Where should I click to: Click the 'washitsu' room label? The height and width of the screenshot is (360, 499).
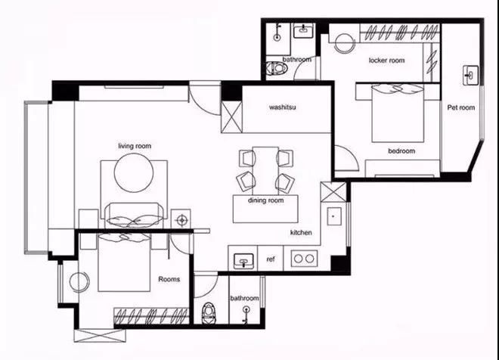click(x=282, y=107)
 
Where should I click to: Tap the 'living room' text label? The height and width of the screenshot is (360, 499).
click(x=135, y=146)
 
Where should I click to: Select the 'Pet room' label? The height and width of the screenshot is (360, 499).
click(x=460, y=107)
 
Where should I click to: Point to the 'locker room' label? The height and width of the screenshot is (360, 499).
click(x=386, y=61)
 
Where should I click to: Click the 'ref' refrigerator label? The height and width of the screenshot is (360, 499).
click(x=271, y=259)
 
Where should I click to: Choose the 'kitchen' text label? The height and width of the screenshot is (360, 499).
click(x=301, y=233)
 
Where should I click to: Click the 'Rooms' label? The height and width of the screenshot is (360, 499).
click(x=169, y=279)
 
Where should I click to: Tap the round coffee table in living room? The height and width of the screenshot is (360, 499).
click(x=134, y=173)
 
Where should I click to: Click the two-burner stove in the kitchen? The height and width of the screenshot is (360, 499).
click(x=304, y=259)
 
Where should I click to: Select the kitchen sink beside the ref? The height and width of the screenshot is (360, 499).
click(x=243, y=261)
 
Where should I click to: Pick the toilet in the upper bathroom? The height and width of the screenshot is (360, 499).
click(x=276, y=68)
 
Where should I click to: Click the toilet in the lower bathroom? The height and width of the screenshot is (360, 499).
click(x=208, y=313)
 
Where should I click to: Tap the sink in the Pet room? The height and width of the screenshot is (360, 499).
click(x=471, y=76)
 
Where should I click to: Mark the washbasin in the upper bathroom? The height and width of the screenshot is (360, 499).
click(x=304, y=31)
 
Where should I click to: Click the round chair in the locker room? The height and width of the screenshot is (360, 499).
click(x=344, y=43)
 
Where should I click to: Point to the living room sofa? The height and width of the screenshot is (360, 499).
click(x=134, y=216)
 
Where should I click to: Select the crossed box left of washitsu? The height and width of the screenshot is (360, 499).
click(x=231, y=116)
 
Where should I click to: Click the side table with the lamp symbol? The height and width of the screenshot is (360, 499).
click(x=181, y=219)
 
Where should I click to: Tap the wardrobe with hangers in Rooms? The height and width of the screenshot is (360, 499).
click(x=151, y=316)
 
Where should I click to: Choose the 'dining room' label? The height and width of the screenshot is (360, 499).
click(x=265, y=200)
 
